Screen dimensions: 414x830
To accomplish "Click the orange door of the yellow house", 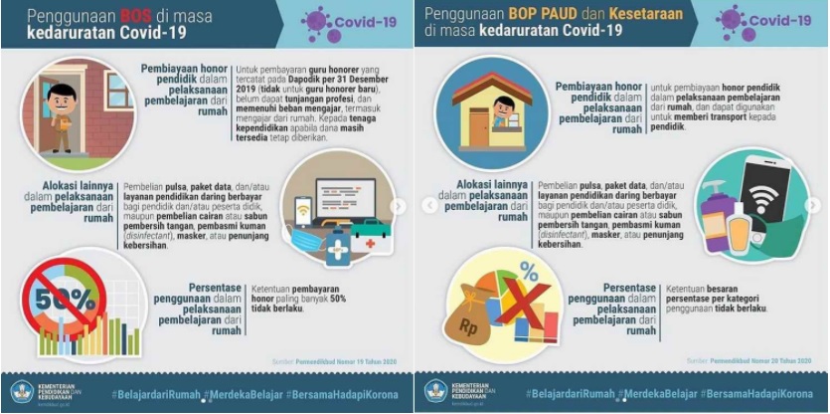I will [x=478, y=124].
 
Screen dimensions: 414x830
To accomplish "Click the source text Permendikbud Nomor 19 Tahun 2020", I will [x=349, y=360].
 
